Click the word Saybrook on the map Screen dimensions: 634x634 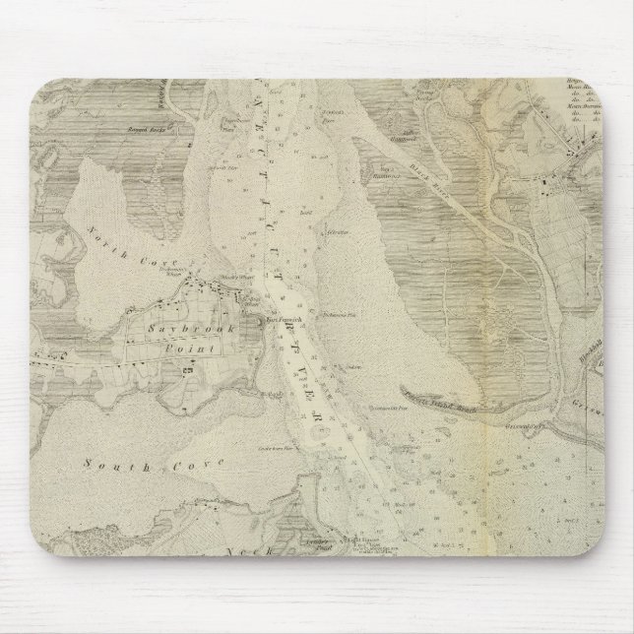pos(176,332)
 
